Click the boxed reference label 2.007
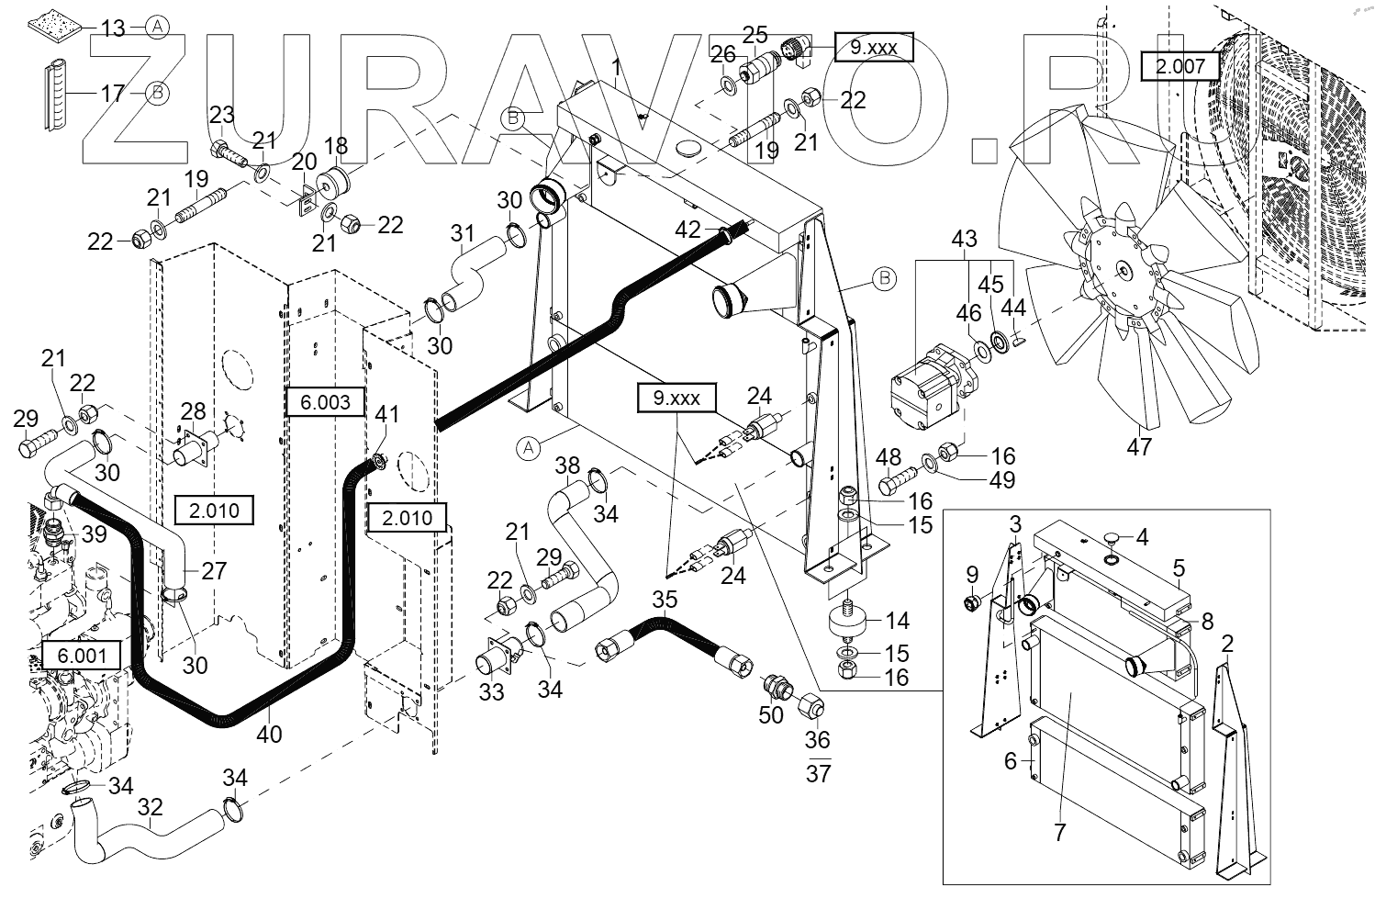click(1179, 65)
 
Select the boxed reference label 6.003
click(324, 401)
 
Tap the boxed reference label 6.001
click(82, 656)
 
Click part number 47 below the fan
click(1138, 446)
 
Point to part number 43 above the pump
click(964, 240)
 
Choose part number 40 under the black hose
click(269, 734)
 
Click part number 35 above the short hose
click(665, 600)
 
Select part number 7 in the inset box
click(1060, 832)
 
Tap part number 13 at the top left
click(112, 28)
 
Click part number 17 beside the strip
click(112, 93)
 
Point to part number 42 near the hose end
click(687, 230)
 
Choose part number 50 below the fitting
click(771, 713)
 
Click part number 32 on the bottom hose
click(151, 807)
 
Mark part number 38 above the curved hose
click(568, 465)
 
